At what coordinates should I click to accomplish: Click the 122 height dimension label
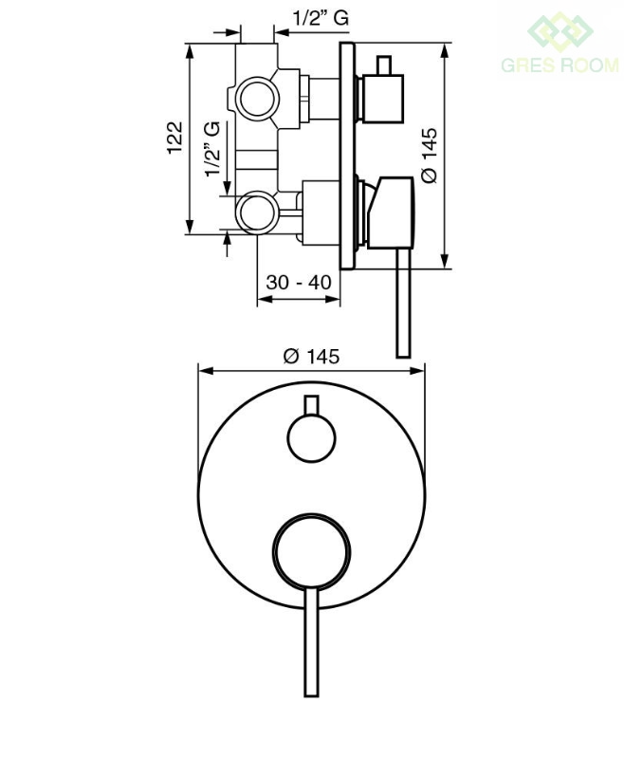pyautogui.click(x=175, y=138)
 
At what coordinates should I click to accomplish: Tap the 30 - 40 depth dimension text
pyautogui.click(x=299, y=282)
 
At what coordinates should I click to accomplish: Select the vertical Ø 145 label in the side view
pyautogui.click(x=430, y=156)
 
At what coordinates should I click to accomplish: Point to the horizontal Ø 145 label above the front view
pyautogui.click(x=312, y=357)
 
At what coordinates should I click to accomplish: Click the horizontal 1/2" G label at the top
pyautogui.click(x=321, y=18)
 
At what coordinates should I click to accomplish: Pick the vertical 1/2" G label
pyautogui.click(x=212, y=149)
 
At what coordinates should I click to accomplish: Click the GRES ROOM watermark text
pyautogui.click(x=560, y=65)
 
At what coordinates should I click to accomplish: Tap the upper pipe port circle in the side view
pyautogui.click(x=257, y=99)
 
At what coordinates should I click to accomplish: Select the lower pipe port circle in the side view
pyautogui.click(x=257, y=213)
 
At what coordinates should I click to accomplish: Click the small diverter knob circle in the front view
pyautogui.click(x=311, y=438)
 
